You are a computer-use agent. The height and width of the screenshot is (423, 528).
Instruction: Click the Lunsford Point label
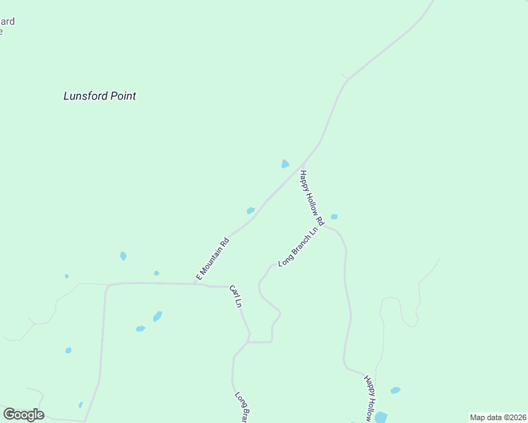pyautogui.click(x=100, y=96)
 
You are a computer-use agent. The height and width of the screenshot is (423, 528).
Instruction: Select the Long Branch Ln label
pyautogui.click(x=298, y=247)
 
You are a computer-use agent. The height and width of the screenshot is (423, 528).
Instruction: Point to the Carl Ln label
pyautogui.click(x=236, y=297)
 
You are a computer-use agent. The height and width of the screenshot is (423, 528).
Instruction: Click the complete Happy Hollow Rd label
pyautogui.click(x=311, y=198)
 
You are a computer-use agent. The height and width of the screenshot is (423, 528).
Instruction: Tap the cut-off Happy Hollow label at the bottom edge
pyautogui.click(x=368, y=399)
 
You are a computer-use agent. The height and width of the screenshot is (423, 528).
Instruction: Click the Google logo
pyautogui.click(x=23, y=415)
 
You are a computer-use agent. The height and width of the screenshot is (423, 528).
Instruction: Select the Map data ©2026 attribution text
pyautogui.click(x=498, y=417)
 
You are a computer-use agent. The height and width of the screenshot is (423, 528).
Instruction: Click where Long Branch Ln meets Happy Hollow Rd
pyautogui.click(x=324, y=226)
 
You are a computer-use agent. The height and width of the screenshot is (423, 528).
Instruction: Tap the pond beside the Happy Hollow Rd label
pyautogui.click(x=334, y=216)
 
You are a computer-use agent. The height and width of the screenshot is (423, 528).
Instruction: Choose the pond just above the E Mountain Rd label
pyautogui.click(x=251, y=210)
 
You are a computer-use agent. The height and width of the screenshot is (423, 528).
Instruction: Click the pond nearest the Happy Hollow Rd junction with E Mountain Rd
pyautogui.click(x=285, y=164)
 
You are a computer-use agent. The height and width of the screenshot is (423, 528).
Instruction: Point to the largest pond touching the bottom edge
pyautogui.click(x=380, y=417)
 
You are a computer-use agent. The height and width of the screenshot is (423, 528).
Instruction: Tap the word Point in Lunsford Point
pyautogui.click(x=119, y=96)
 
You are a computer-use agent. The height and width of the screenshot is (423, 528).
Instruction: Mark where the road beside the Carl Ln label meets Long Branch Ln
pyautogui.click(x=248, y=342)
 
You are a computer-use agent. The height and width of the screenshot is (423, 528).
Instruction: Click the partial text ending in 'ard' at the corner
pyautogui.click(x=7, y=21)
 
